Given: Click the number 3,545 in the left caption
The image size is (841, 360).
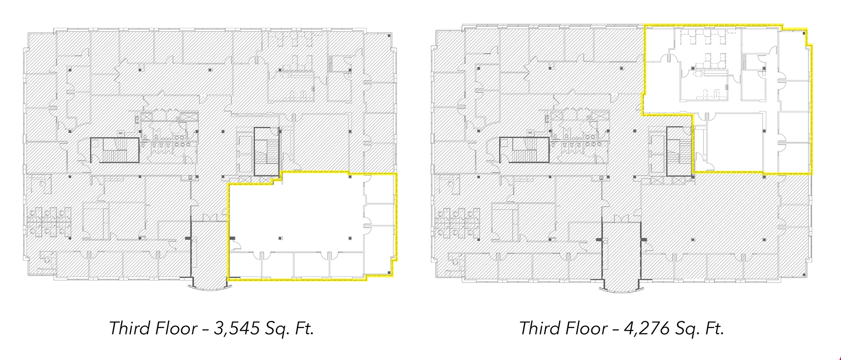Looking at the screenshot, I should [236, 328].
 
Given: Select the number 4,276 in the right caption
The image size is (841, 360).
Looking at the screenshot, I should [646, 328].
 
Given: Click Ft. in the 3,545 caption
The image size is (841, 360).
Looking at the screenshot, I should [303, 328].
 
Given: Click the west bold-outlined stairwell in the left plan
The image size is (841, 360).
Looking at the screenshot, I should [114, 150].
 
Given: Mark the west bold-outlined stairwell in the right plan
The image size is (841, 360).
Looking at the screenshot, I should [524, 150].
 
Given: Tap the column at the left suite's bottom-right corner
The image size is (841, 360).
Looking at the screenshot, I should [389, 273].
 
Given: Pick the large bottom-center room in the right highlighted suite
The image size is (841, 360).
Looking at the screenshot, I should [735, 141].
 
